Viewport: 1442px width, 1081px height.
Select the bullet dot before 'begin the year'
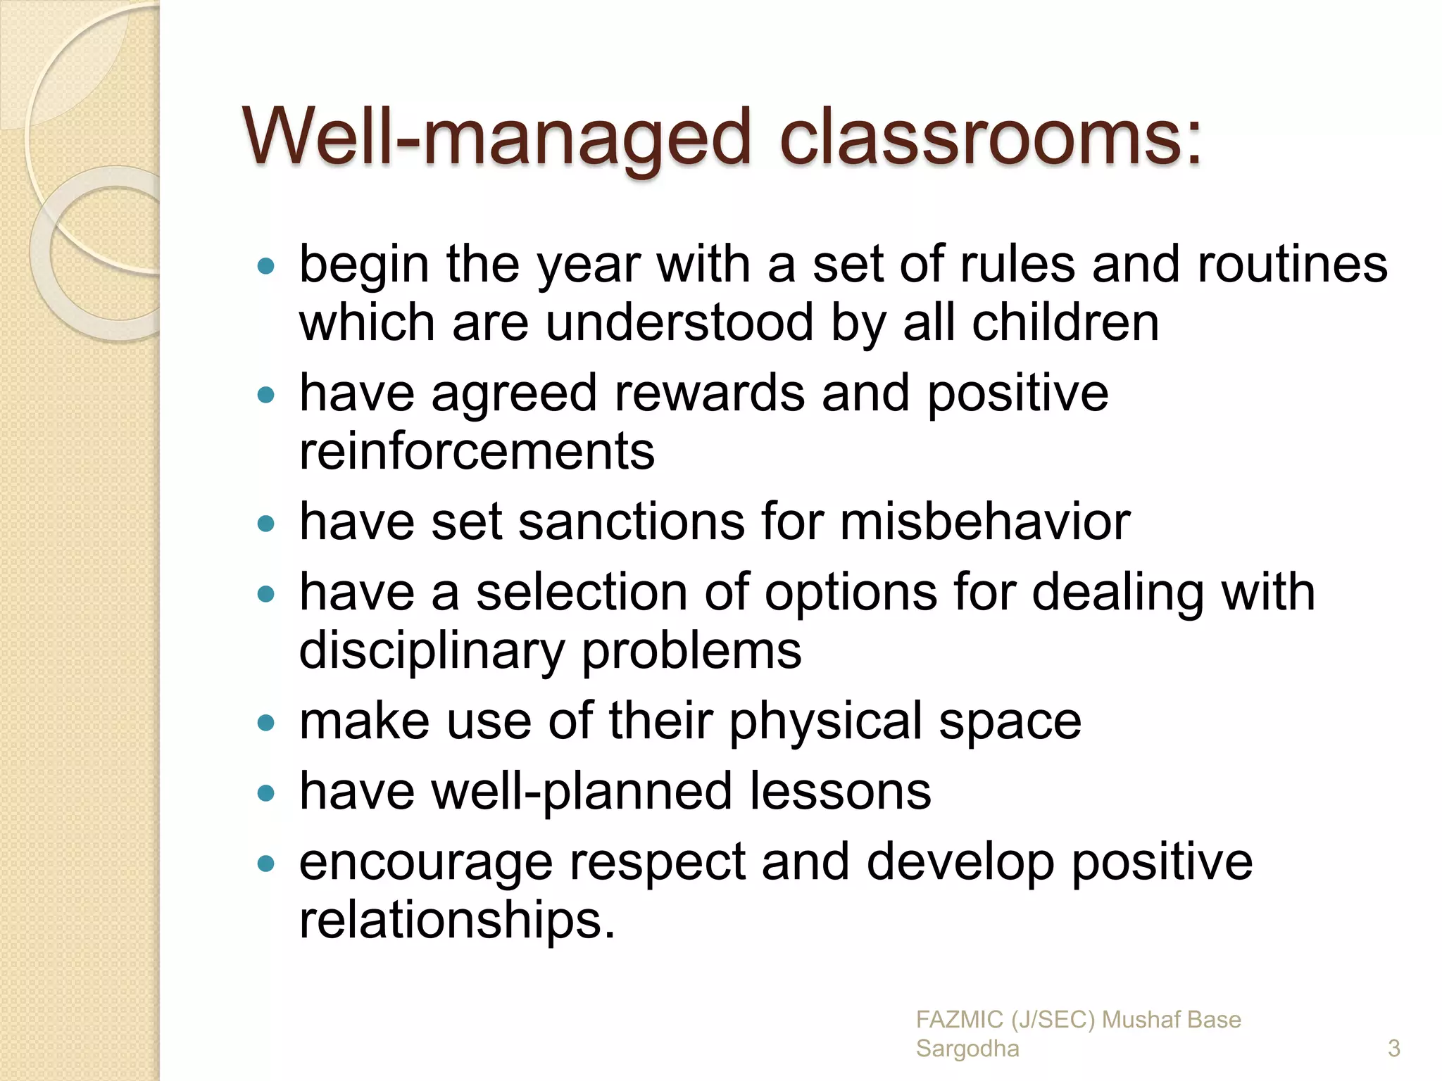pos(266,267)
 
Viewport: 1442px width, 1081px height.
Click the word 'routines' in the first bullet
pos(1292,265)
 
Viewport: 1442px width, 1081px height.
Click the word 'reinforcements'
pos(477,451)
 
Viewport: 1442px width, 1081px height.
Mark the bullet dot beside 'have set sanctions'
pos(266,524)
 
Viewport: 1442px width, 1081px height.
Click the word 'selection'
pos(582,593)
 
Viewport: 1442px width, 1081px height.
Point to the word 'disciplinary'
pos(432,651)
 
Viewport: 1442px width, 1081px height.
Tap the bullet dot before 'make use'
pos(266,723)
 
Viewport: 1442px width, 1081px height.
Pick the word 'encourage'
pos(426,863)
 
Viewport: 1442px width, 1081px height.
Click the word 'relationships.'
pos(457,921)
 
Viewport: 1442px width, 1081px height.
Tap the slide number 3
pos(1393,1049)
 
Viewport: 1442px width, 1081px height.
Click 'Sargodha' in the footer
pos(967,1049)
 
